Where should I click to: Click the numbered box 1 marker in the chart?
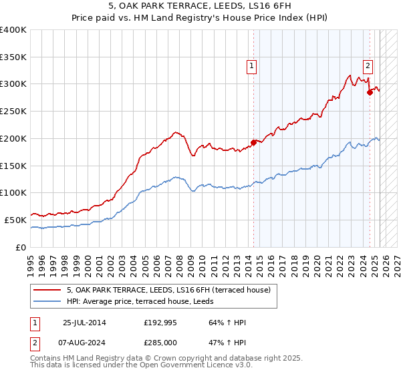(251, 65)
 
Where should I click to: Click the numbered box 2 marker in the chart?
(368, 65)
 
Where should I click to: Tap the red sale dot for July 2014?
(253, 142)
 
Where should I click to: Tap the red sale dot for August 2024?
(370, 93)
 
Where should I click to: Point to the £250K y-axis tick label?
(13, 111)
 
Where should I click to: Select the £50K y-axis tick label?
(15, 220)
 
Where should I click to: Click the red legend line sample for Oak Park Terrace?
(48, 290)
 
